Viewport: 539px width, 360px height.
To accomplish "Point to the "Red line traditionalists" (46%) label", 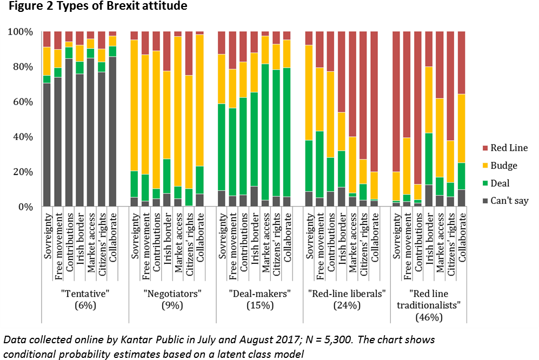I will [x=429, y=305].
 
